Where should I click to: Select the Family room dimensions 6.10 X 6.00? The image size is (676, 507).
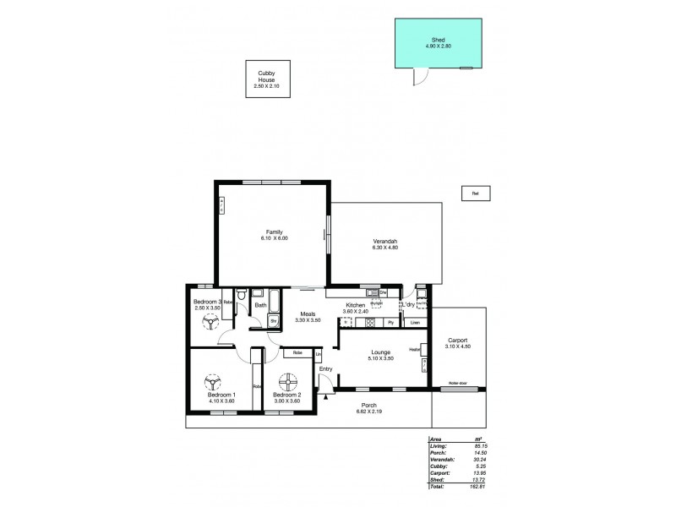click(x=275, y=238)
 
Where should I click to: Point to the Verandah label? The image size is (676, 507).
click(x=384, y=239)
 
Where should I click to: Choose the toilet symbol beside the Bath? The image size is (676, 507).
click(x=242, y=297)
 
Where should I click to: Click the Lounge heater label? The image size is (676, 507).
click(x=415, y=348)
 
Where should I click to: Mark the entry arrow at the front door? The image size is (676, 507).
click(x=325, y=395)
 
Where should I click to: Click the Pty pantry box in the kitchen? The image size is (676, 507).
click(x=390, y=323)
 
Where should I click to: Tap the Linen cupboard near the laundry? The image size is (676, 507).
click(x=414, y=323)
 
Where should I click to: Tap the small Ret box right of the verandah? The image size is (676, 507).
click(x=476, y=194)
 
